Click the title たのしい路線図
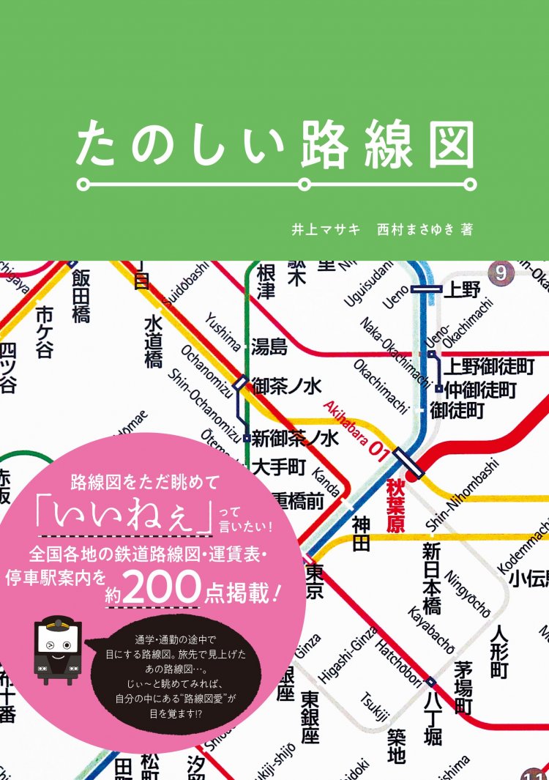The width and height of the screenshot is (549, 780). (274, 144)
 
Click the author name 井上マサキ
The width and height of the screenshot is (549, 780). (325, 229)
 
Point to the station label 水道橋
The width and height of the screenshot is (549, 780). (153, 341)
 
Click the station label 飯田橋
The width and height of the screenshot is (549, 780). (81, 296)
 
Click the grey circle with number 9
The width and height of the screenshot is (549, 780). (501, 274)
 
